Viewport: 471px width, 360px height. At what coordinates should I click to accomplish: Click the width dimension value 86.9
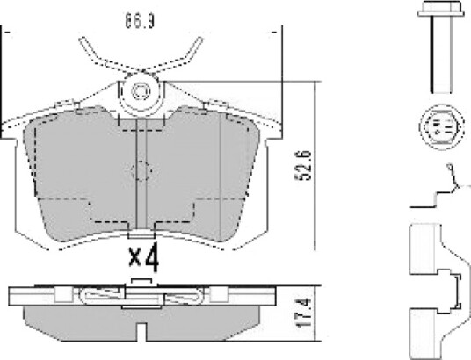[140, 21]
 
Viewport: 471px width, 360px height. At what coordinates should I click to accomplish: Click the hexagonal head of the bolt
[441, 9]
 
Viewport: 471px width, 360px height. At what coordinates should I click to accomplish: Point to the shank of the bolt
[441, 54]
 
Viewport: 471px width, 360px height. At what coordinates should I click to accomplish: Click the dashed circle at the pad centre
[141, 171]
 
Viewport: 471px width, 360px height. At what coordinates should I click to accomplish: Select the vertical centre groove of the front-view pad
[141, 174]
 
